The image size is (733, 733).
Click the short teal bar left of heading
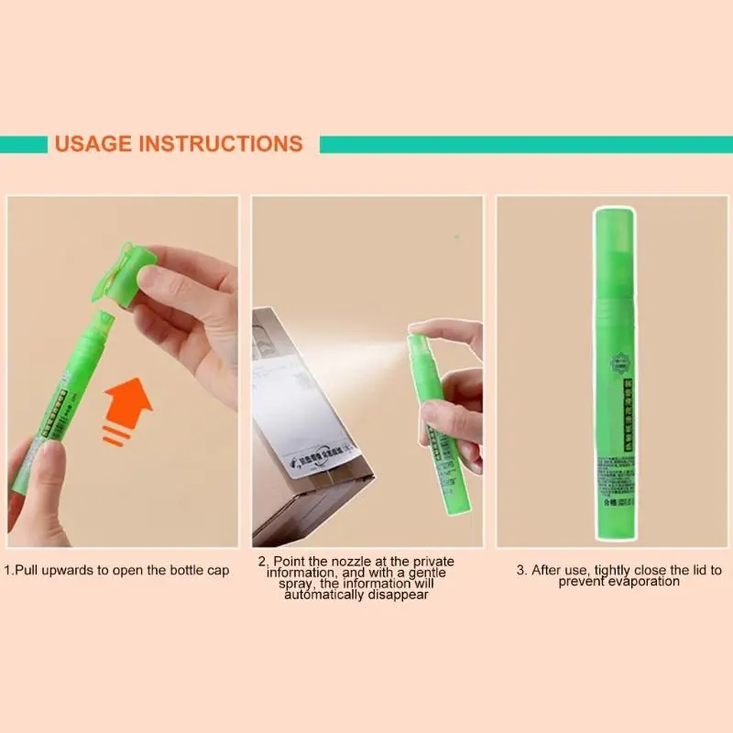click(x=23, y=144)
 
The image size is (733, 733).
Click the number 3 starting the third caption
click(x=520, y=570)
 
